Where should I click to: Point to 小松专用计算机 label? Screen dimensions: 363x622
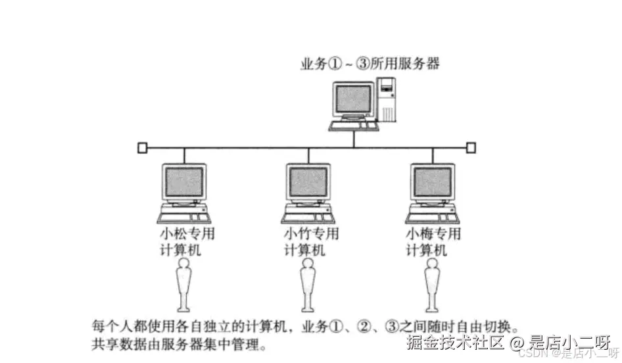(187, 242)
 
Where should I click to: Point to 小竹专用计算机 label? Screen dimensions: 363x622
(311, 242)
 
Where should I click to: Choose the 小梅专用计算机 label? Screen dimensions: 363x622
(433, 242)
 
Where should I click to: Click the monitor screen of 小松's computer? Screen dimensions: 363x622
(185, 182)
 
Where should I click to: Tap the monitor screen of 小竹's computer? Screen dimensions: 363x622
(308, 182)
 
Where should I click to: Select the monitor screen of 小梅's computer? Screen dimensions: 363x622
(432, 182)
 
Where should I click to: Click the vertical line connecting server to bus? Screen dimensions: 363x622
(353, 138)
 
